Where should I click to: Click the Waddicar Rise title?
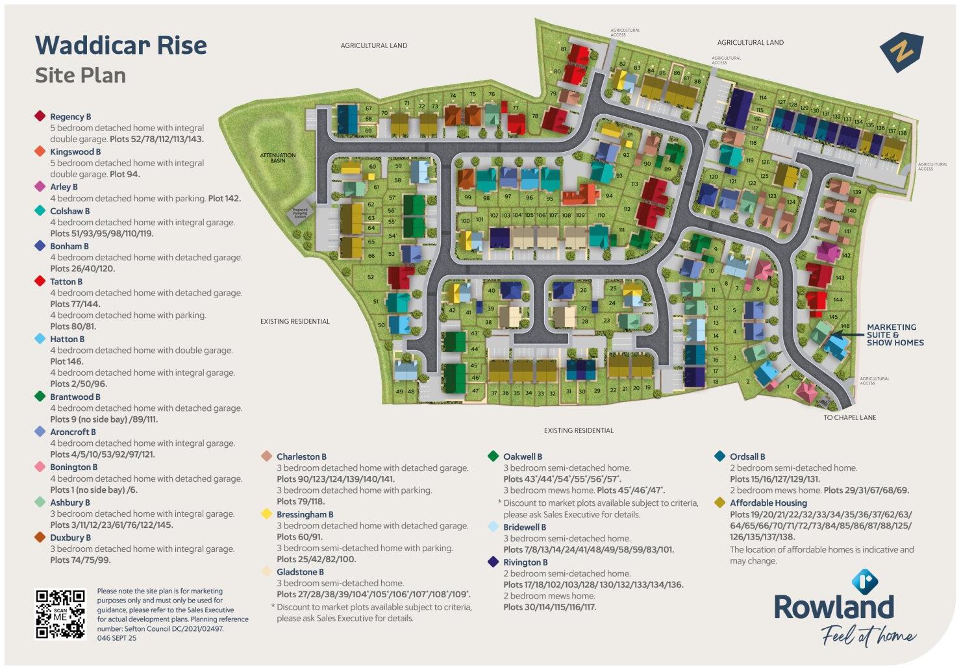pyautogui.click(x=121, y=45)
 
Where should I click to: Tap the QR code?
pyautogui.click(x=60, y=614)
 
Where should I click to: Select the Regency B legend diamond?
pyautogui.click(x=40, y=116)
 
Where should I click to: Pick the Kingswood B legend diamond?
pyautogui.click(x=40, y=151)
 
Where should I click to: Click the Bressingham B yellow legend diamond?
pyautogui.click(x=266, y=514)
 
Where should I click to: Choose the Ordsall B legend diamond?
pyautogui.click(x=719, y=456)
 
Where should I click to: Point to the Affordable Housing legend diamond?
pyautogui.click(x=719, y=503)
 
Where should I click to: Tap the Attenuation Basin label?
pyautogui.click(x=278, y=158)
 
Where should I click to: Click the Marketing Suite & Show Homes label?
pyautogui.click(x=895, y=334)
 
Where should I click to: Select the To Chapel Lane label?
pyautogui.click(x=850, y=417)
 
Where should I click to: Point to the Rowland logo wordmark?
pyautogui.click(x=834, y=608)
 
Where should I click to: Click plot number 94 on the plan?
pyautogui.click(x=609, y=196)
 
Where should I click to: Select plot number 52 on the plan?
pyautogui.click(x=371, y=277)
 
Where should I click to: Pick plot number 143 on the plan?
pyautogui.click(x=840, y=278)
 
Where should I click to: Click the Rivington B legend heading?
pyautogui.click(x=525, y=562)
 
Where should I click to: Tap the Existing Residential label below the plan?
pyautogui.click(x=579, y=430)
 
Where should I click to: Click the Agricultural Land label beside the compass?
pyautogui.click(x=750, y=42)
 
